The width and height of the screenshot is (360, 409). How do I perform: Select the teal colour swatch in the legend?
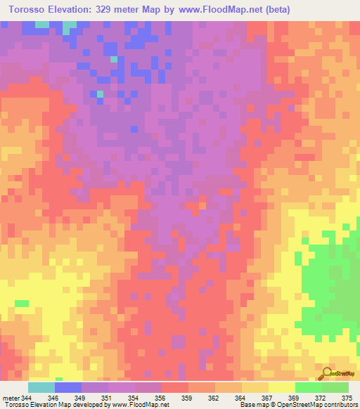click(41, 387)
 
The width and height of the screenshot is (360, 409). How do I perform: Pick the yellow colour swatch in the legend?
click(282, 387)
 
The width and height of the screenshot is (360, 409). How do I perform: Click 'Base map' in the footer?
click(251, 405)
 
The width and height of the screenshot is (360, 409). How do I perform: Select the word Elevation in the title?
click(70, 10)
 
